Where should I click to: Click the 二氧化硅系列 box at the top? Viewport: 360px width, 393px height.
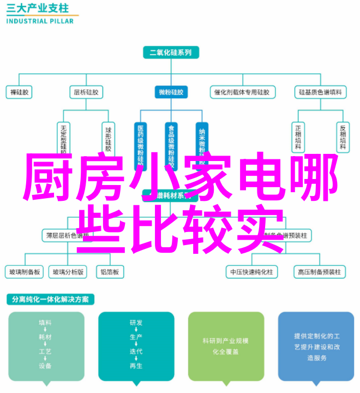(171, 53)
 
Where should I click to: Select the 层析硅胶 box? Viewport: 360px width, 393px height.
(86, 92)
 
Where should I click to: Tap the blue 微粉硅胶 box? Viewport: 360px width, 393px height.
(171, 92)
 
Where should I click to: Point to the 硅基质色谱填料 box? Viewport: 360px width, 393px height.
(320, 92)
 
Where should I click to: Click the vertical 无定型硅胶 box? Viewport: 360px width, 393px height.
(63, 137)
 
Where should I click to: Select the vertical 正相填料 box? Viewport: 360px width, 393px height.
(298, 137)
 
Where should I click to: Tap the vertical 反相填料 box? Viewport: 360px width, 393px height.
(343, 137)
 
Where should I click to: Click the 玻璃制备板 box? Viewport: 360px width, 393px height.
(25, 271)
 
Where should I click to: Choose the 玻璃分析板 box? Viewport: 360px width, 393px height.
(67, 271)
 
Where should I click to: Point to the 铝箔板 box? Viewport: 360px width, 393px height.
(109, 271)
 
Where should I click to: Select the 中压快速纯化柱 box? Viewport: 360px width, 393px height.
(251, 271)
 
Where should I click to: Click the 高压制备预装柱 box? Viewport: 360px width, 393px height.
(319, 271)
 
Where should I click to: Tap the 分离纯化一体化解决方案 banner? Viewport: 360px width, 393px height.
(51, 300)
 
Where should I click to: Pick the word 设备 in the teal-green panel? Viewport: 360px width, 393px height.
(46, 366)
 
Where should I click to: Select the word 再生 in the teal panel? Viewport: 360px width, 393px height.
(136, 366)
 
